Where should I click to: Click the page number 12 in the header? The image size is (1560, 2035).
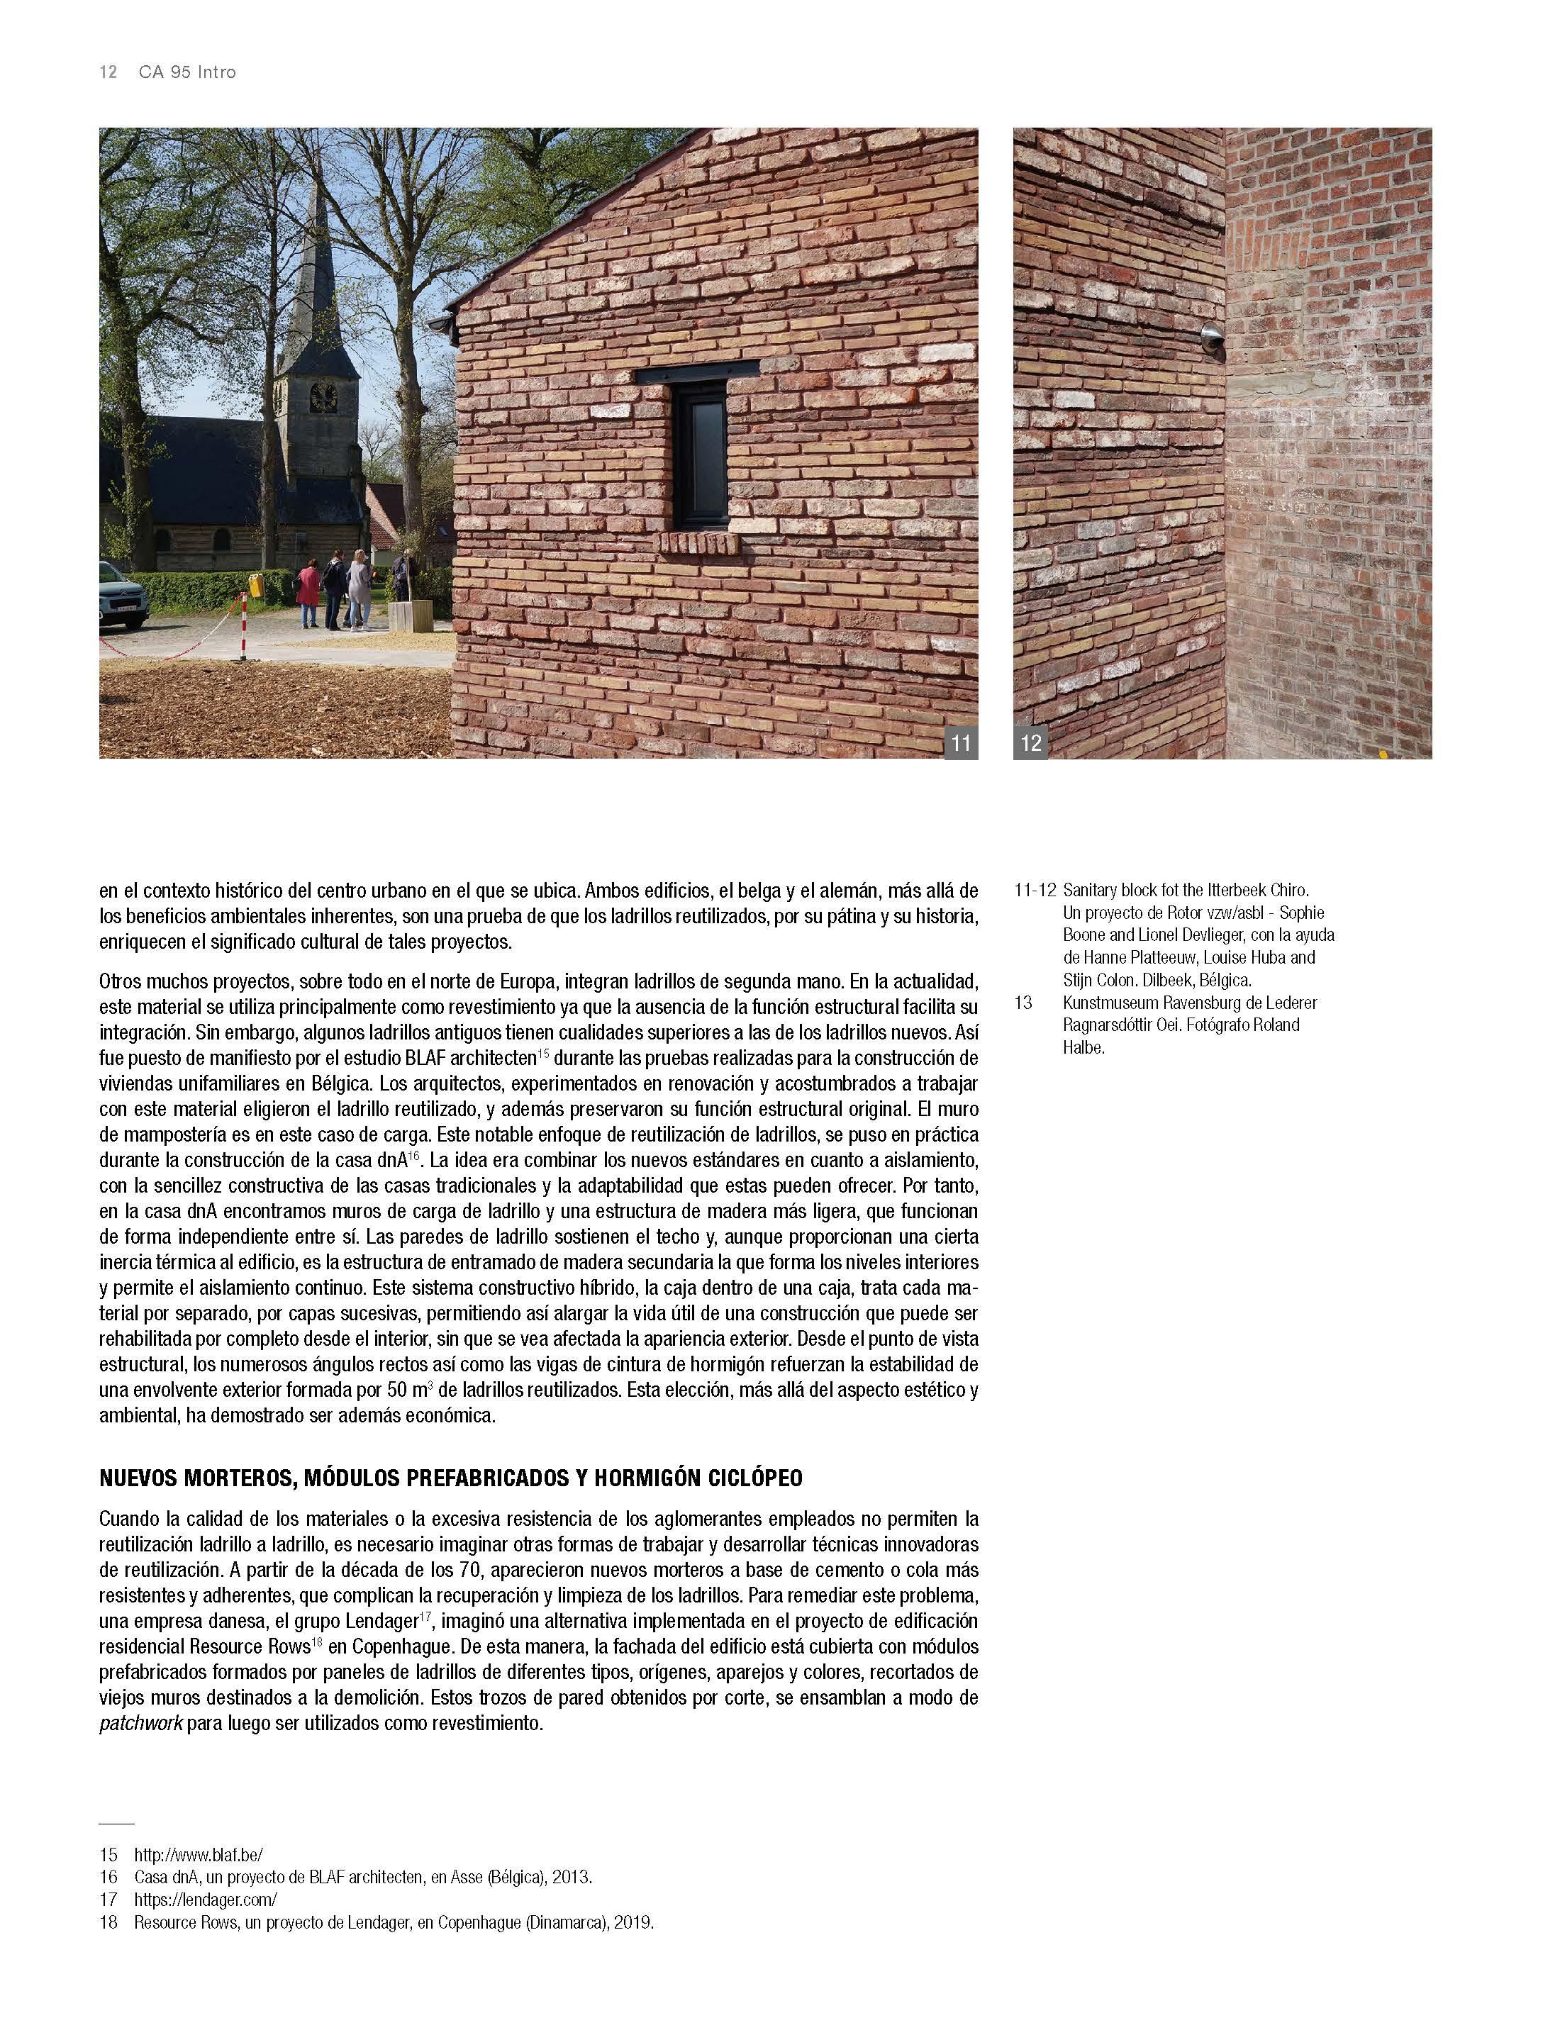108,72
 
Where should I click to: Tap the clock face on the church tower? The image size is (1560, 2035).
322,396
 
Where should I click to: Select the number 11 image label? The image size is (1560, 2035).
960,742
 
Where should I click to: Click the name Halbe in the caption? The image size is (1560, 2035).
1083,1048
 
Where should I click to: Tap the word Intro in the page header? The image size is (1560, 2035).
216,72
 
